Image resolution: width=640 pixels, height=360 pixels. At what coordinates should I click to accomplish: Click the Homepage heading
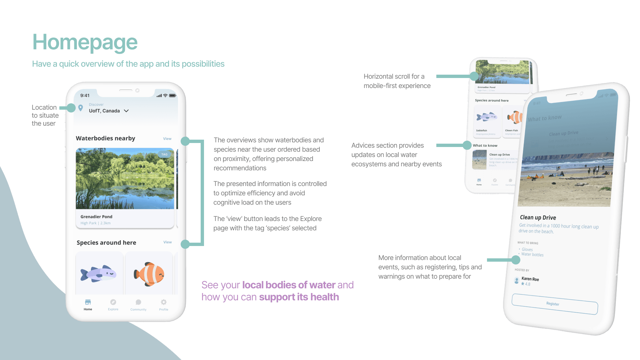[85, 42]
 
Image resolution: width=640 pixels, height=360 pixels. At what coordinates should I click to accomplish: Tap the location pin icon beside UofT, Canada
[81, 108]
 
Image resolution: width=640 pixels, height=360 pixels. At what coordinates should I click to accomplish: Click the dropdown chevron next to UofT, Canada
[126, 111]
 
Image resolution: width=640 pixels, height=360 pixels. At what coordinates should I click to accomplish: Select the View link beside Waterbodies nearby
[167, 139]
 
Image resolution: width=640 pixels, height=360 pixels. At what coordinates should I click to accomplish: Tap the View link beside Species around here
[168, 242]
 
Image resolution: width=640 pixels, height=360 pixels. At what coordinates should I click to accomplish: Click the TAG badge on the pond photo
[164, 154]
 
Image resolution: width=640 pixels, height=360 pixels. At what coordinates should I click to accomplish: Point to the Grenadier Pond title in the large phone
[96, 217]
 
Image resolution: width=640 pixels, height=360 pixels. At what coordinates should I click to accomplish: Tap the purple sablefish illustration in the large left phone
[98, 274]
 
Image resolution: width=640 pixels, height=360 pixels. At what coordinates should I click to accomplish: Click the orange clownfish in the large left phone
[149, 274]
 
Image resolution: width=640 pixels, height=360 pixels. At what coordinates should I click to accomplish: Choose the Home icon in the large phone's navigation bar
[88, 302]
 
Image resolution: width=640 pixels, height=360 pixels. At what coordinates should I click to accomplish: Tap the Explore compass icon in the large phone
[113, 302]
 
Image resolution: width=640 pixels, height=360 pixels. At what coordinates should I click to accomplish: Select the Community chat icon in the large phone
[138, 302]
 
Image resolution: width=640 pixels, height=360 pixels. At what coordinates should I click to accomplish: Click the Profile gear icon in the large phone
[164, 302]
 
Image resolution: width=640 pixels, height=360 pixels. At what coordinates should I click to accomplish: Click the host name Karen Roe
[530, 279]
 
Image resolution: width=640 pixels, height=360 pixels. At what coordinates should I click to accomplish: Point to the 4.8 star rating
[526, 284]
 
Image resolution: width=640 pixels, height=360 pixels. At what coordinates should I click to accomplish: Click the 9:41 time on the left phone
[85, 96]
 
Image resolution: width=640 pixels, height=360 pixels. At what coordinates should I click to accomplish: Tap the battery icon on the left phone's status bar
[172, 96]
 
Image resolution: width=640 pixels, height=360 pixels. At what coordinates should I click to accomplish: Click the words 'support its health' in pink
[299, 297]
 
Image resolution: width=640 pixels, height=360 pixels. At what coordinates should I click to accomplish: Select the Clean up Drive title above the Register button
[538, 218]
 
